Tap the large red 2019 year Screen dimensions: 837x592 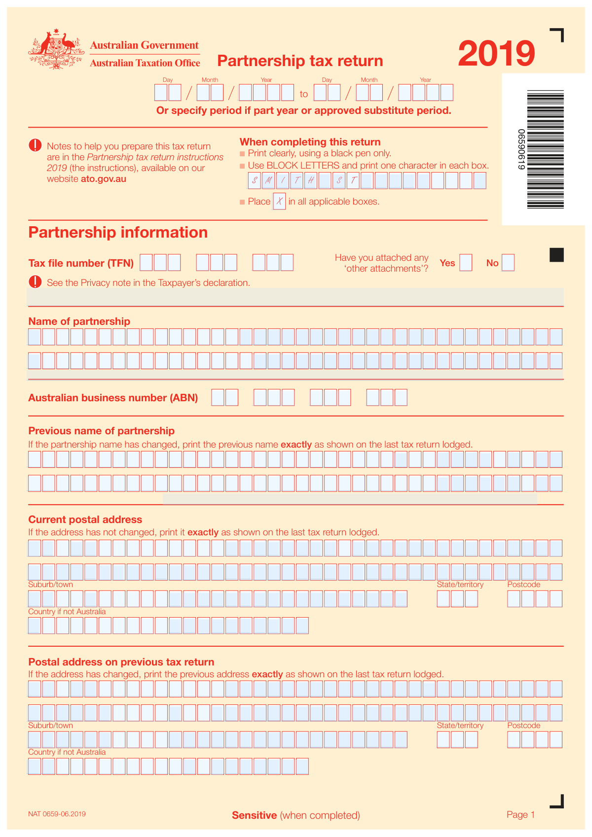coord(496,54)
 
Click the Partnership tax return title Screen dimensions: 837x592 coord(300,61)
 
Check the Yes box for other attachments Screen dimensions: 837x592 coord(465,263)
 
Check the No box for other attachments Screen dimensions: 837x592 coord(508,263)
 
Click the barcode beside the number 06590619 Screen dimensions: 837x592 coord(545,149)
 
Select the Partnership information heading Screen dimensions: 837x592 coord(118,232)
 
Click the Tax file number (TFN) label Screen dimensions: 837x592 coord(81,263)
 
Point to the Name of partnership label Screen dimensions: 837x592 coord(79,321)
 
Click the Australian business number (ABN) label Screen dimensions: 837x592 coord(113,398)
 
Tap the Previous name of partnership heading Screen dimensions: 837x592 coord(101,431)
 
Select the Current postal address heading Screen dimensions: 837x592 coord(85,520)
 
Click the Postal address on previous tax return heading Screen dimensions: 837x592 coord(121,662)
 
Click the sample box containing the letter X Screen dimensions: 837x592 coord(279,201)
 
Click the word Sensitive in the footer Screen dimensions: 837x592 coord(254,815)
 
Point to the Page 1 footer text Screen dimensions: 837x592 coord(520,815)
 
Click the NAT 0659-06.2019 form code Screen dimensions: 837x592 coord(57,814)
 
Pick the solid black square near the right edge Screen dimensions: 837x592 coord(556,255)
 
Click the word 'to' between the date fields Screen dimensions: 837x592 coord(304,94)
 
